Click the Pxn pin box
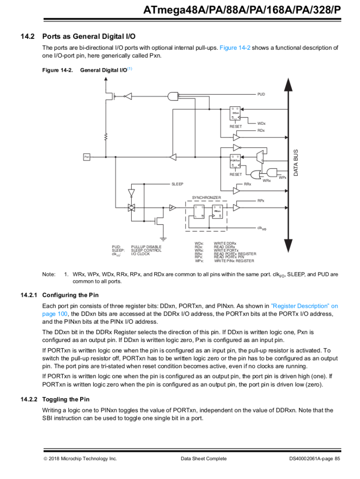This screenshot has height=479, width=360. pyautogui.click(x=87, y=156)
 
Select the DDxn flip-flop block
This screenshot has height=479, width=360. pyautogui.click(x=235, y=113)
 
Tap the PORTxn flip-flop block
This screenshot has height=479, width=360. pyautogui.click(x=235, y=160)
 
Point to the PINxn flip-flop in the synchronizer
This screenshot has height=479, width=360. pyautogui.click(x=217, y=212)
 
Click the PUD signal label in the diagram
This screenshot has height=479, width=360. pyautogui.click(x=261, y=94)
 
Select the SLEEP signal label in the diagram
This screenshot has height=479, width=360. pyautogui.click(x=177, y=184)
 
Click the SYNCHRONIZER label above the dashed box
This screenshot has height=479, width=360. pyautogui.click(x=206, y=198)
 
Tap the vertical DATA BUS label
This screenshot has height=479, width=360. pyautogui.click(x=296, y=163)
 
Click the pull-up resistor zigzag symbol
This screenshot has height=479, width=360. pyautogui.click(x=106, y=137)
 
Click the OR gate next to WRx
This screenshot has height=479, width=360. pyautogui.click(x=256, y=175)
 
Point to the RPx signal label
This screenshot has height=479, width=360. pyautogui.click(x=261, y=201)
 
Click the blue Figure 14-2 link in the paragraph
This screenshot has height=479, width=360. pyautogui.click(x=235, y=48)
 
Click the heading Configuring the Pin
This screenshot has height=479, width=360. pyautogui.click(x=70, y=295)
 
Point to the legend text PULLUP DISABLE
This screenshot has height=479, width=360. pyautogui.click(x=146, y=247)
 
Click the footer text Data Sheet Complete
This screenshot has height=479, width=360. pyautogui.click(x=203, y=459)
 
